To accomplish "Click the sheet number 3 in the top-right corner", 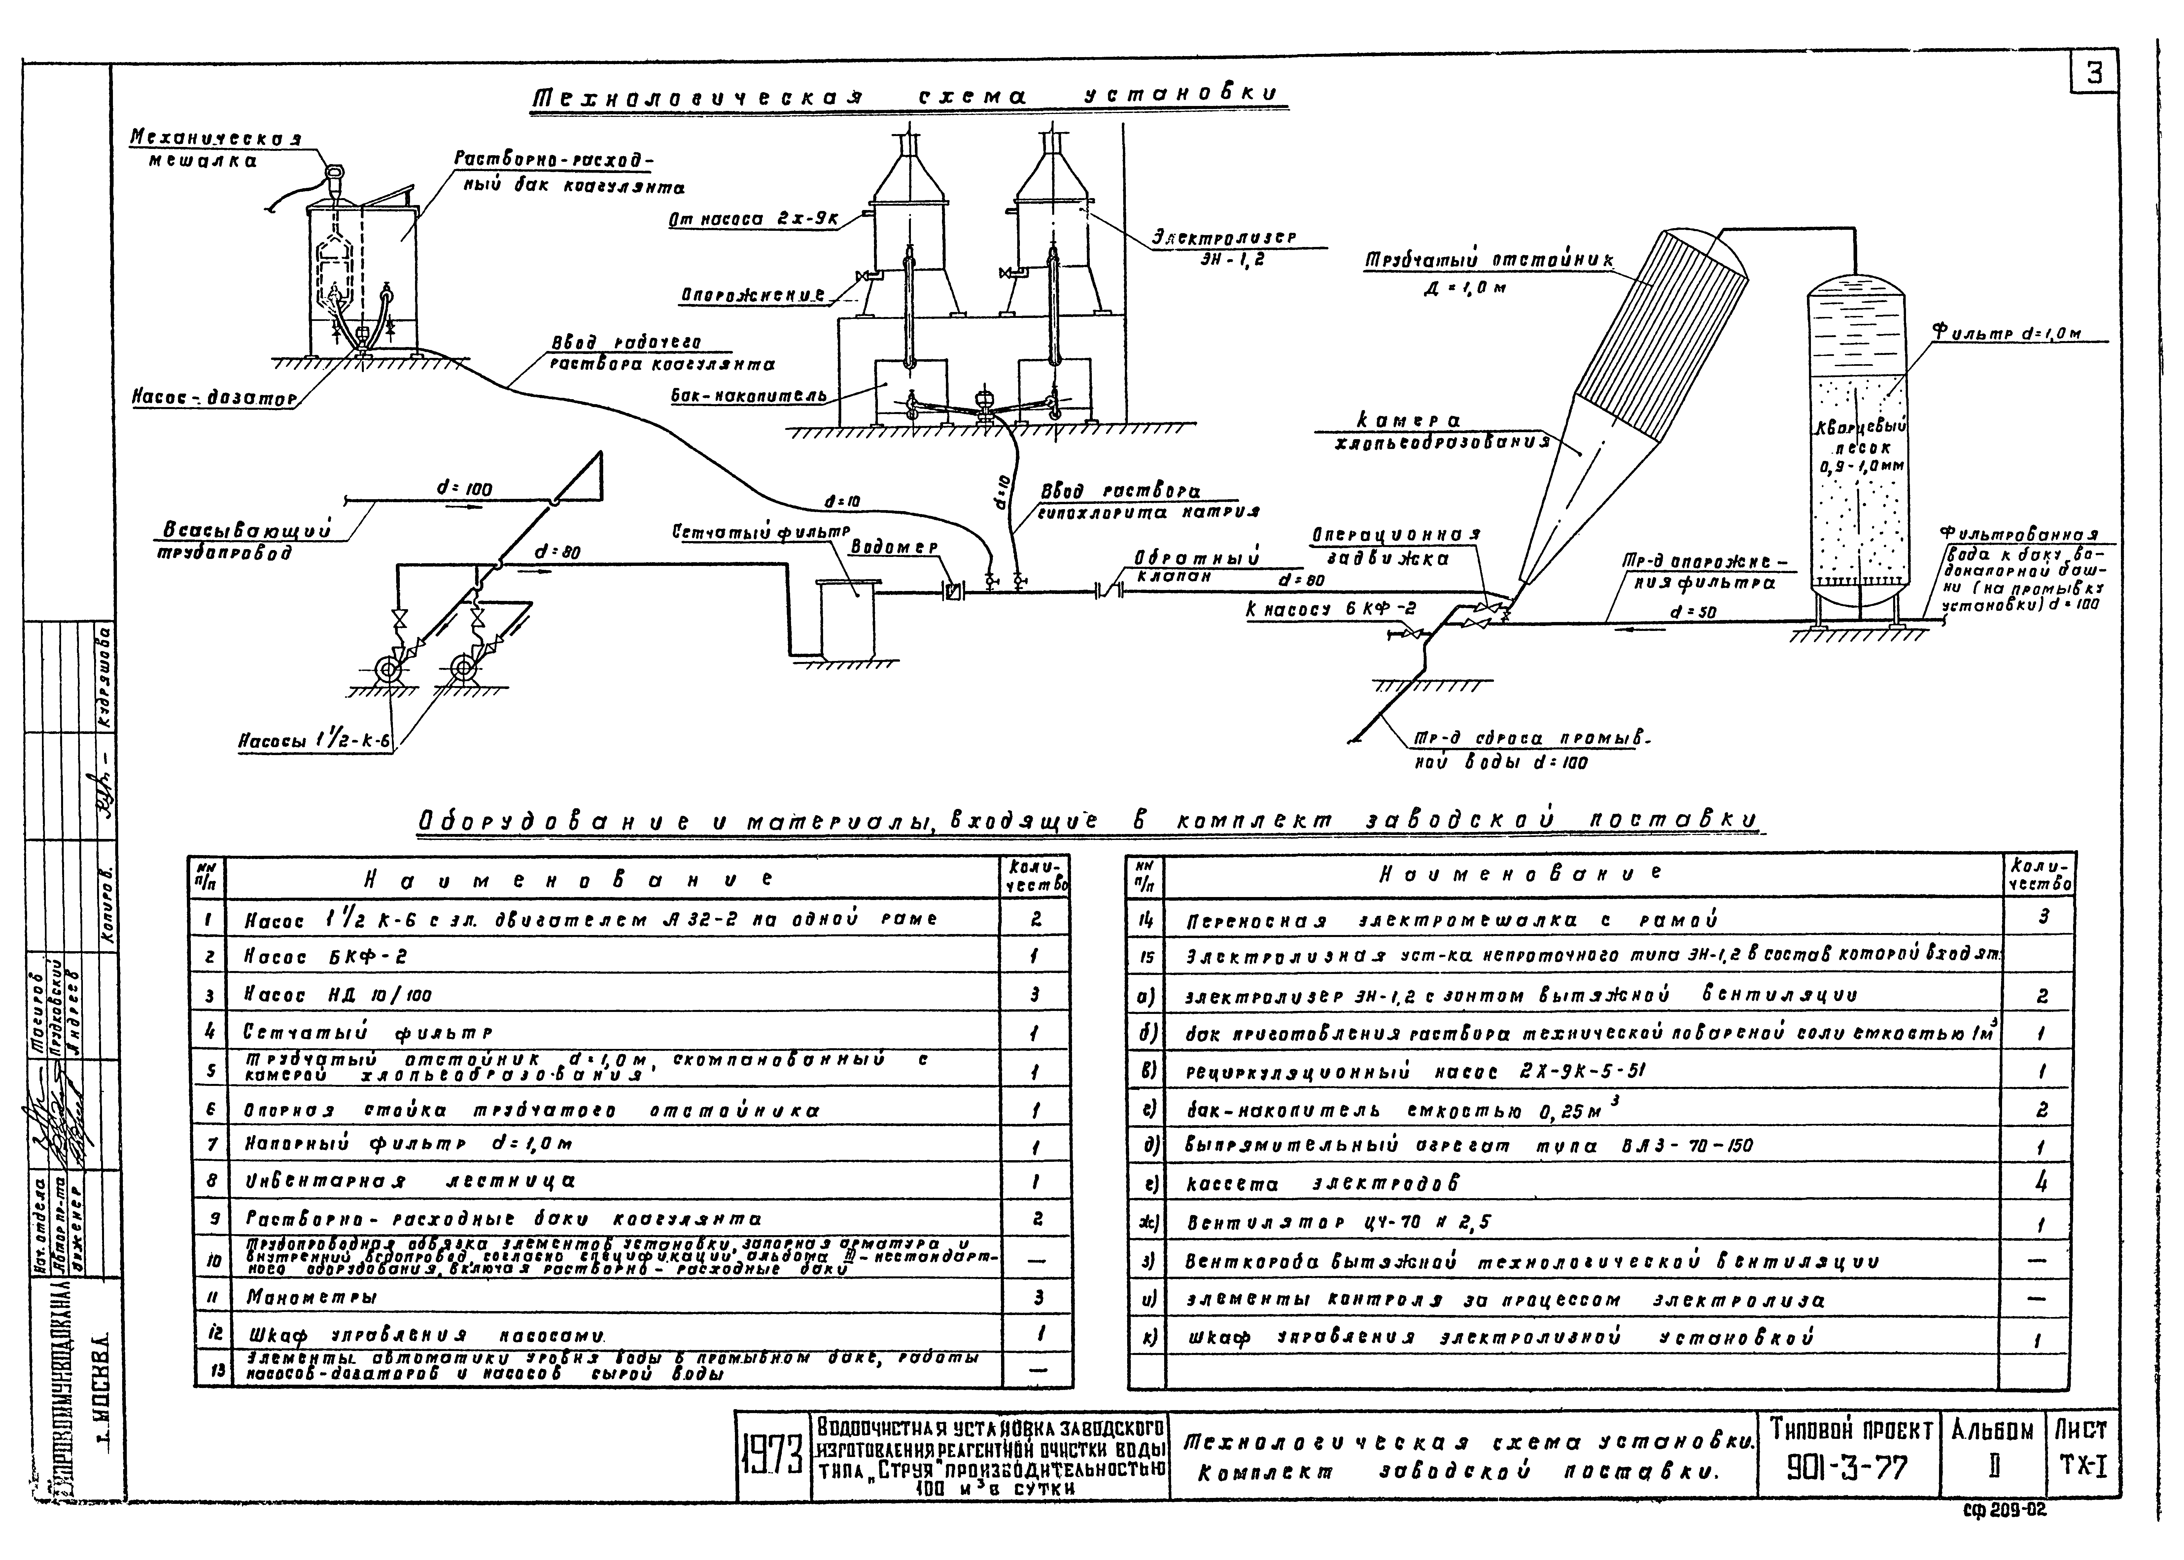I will click(2095, 74).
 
